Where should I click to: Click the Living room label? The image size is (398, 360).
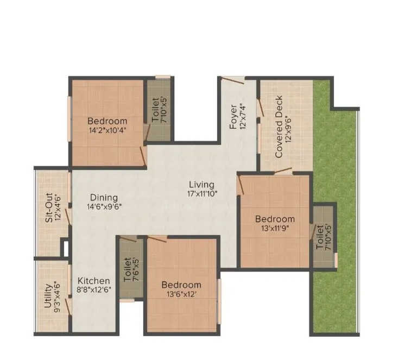pos(201,185)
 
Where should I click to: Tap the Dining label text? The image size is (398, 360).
pos(104,198)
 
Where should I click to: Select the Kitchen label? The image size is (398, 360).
pos(93,281)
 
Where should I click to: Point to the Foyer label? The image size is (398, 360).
pos(233,116)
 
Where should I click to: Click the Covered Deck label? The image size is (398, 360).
pos(279,127)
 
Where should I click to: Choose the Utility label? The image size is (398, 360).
pos(48,295)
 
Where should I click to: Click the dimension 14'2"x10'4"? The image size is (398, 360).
pos(107,130)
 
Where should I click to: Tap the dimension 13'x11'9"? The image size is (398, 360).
pos(275,228)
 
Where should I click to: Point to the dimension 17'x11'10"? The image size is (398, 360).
pos(201,193)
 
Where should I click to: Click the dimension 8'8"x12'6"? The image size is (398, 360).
pos(93,290)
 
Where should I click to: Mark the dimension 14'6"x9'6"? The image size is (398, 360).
pos(104,206)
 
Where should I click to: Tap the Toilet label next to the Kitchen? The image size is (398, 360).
pos(127,268)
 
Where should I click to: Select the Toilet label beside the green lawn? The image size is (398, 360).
pos(320,237)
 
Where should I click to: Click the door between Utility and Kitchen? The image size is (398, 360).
pos(69,305)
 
